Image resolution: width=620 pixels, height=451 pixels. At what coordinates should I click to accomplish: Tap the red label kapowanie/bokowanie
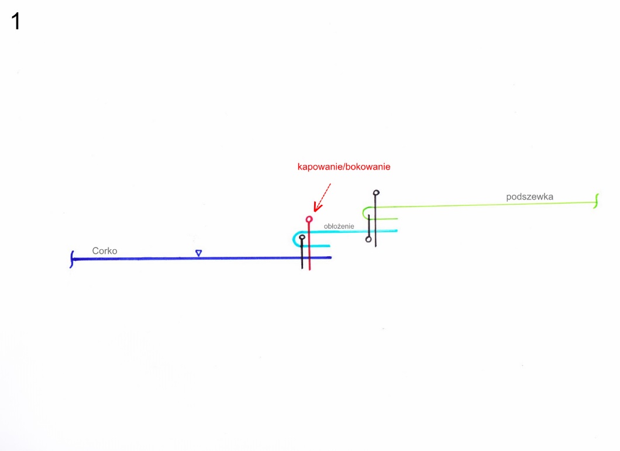click(x=343, y=167)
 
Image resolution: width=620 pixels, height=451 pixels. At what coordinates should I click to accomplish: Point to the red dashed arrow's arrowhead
click(x=317, y=207)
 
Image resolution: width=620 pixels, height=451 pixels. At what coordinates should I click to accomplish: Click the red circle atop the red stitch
click(x=309, y=219)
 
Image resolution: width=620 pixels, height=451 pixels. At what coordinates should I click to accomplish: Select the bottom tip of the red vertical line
click(x=309, y=270)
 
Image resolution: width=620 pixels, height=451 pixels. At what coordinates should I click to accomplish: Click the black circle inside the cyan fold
click(x=302, y=237)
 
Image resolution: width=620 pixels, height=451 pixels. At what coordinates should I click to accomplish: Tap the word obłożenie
click(x=339, y=226)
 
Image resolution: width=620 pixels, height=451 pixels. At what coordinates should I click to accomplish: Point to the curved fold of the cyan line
click(x=295, y=239)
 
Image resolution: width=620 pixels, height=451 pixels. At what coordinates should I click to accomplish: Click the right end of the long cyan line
click(x=397, y=230)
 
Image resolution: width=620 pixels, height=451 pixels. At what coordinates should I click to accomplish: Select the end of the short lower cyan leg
click(x=329, y=246)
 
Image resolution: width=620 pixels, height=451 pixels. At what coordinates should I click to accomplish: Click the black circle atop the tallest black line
click(x=376, y=192)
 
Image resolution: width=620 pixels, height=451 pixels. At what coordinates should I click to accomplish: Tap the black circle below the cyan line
click(x=368, y=239)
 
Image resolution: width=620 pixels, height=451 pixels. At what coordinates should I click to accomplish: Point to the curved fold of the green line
click(x=364, y=213)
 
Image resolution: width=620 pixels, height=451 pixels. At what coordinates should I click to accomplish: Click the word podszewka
click(x=529, y=197)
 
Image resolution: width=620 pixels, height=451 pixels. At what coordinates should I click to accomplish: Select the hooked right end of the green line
click(x=596, y=201)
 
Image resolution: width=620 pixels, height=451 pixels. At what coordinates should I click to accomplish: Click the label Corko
click(x=104, y=251)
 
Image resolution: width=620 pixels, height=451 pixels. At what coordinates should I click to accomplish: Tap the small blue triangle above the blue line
click(x=198, y=253)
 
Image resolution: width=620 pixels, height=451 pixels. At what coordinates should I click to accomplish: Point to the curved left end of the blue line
click(x=72, y=259)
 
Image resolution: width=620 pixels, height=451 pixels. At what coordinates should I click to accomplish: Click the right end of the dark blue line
click(x=331, y=257)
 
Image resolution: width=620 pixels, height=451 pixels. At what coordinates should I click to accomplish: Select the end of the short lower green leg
click(x=397, y=218)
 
